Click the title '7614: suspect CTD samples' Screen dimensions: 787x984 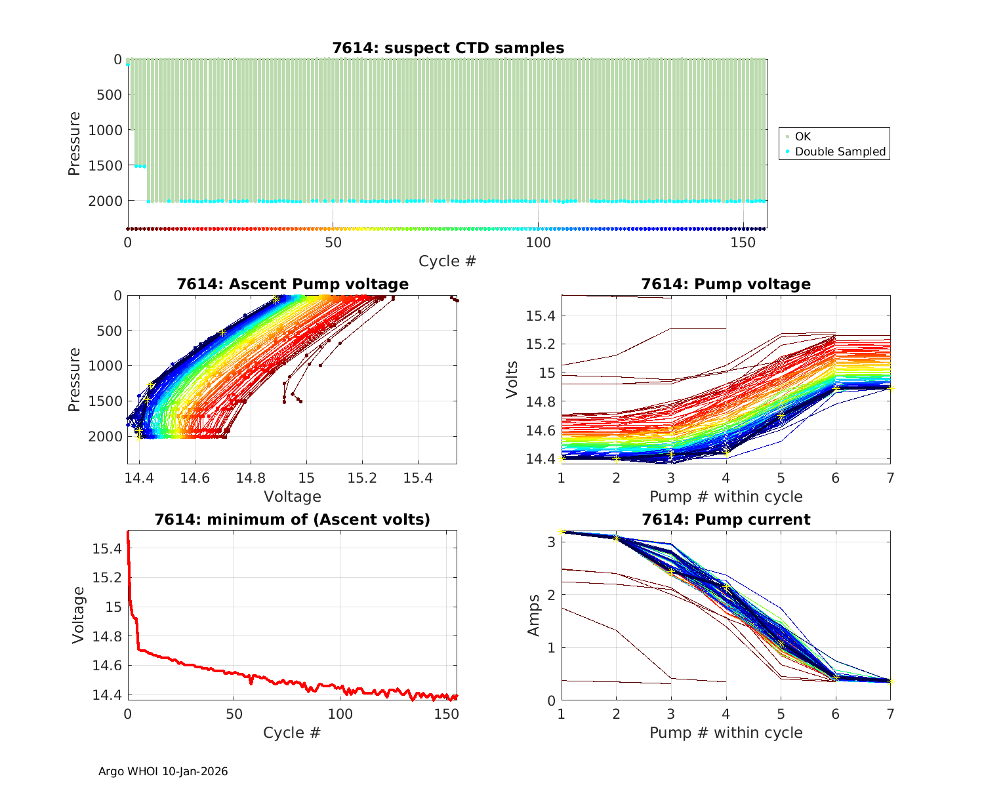click(x=448, y=48)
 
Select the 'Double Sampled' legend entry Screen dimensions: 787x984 click(x=840, y=151)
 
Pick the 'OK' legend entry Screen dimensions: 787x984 click(x=802, y=136)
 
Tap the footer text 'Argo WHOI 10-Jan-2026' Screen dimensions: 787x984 click(x=163, y=771)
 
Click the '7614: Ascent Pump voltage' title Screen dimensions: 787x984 click(x=293, y=284)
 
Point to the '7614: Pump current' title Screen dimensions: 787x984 click(x=726, y=519)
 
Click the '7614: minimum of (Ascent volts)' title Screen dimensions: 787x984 click(x=293, y=519)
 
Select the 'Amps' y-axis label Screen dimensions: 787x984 click(x=535, y=615)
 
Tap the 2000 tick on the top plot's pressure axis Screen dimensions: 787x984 click(x=105, y=201)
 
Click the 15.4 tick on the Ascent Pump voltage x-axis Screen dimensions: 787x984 click(x=418, y=477)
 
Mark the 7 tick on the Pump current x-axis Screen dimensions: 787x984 click(x=890, y=714)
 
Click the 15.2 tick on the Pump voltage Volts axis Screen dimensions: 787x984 click(x=541, y=344)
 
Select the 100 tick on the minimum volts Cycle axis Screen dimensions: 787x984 click(x=340, y=714)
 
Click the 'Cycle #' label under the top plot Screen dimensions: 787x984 click(x=448, y=261)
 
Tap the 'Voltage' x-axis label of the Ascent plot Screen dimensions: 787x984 click(x=293, y=496)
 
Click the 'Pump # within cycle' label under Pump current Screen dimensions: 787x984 click(x=726, y=733)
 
